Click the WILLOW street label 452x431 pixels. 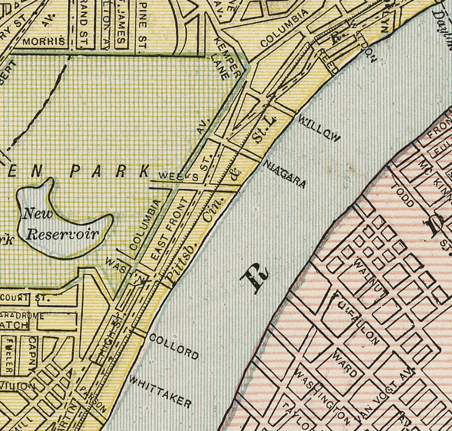click(319, 129)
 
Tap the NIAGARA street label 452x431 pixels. click(285, 174)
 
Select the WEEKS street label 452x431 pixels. click(178, 176)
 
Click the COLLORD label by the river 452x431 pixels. click(174, 346)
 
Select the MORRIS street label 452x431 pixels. click(41, 42)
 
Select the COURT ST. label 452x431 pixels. click(26, 297)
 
